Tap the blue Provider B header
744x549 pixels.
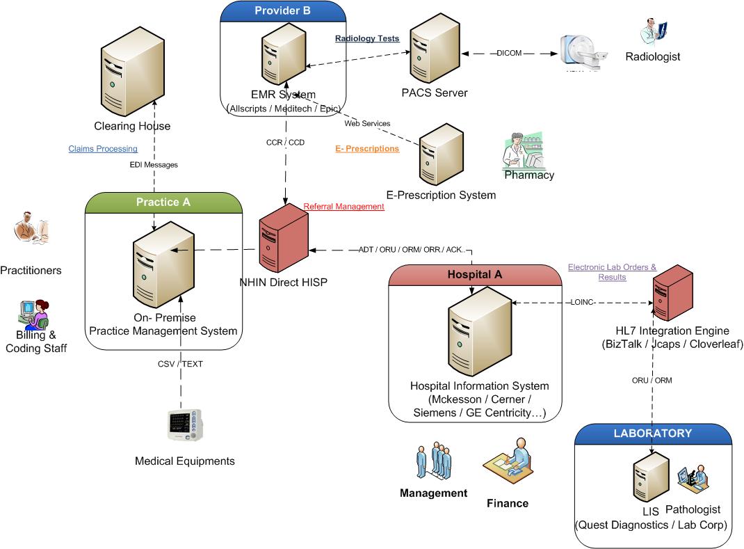tap(282, 10)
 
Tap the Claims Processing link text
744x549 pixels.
tap(103, 149)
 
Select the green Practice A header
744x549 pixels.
tap(163, 202)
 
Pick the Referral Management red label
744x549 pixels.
tap(343, 207)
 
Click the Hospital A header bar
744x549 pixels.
tap(474, 275)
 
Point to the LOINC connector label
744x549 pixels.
tap(583, 303)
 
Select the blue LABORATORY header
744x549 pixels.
tap(653, 433)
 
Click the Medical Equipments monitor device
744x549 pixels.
tap(185, 425)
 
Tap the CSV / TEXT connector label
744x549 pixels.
tap(179, 364)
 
